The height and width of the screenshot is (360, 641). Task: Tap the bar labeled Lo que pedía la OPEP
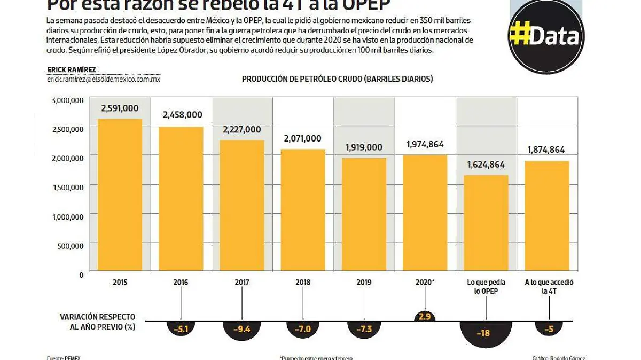click(x=486, y=224)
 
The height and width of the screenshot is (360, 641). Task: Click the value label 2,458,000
click(x=182, y=114)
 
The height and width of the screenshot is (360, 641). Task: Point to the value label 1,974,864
click(x=425, y=144)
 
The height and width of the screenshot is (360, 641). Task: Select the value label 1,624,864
click(x=486, y=165)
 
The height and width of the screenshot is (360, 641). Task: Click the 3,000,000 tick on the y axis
click(x=67, y=100)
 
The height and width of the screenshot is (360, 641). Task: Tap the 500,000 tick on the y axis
click(x=71, y=246)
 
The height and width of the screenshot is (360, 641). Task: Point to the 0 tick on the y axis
click(x=81, y=275)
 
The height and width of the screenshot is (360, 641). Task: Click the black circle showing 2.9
click(x=425, y=317)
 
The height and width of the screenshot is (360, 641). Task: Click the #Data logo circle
click(x=545, y=36)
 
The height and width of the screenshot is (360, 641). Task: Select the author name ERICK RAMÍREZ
click(x=72, y=70)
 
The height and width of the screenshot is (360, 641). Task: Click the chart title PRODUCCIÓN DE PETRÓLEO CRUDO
click(x=337, y=79)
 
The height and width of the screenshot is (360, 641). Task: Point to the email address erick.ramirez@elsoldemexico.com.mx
click(x=104, y=79)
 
